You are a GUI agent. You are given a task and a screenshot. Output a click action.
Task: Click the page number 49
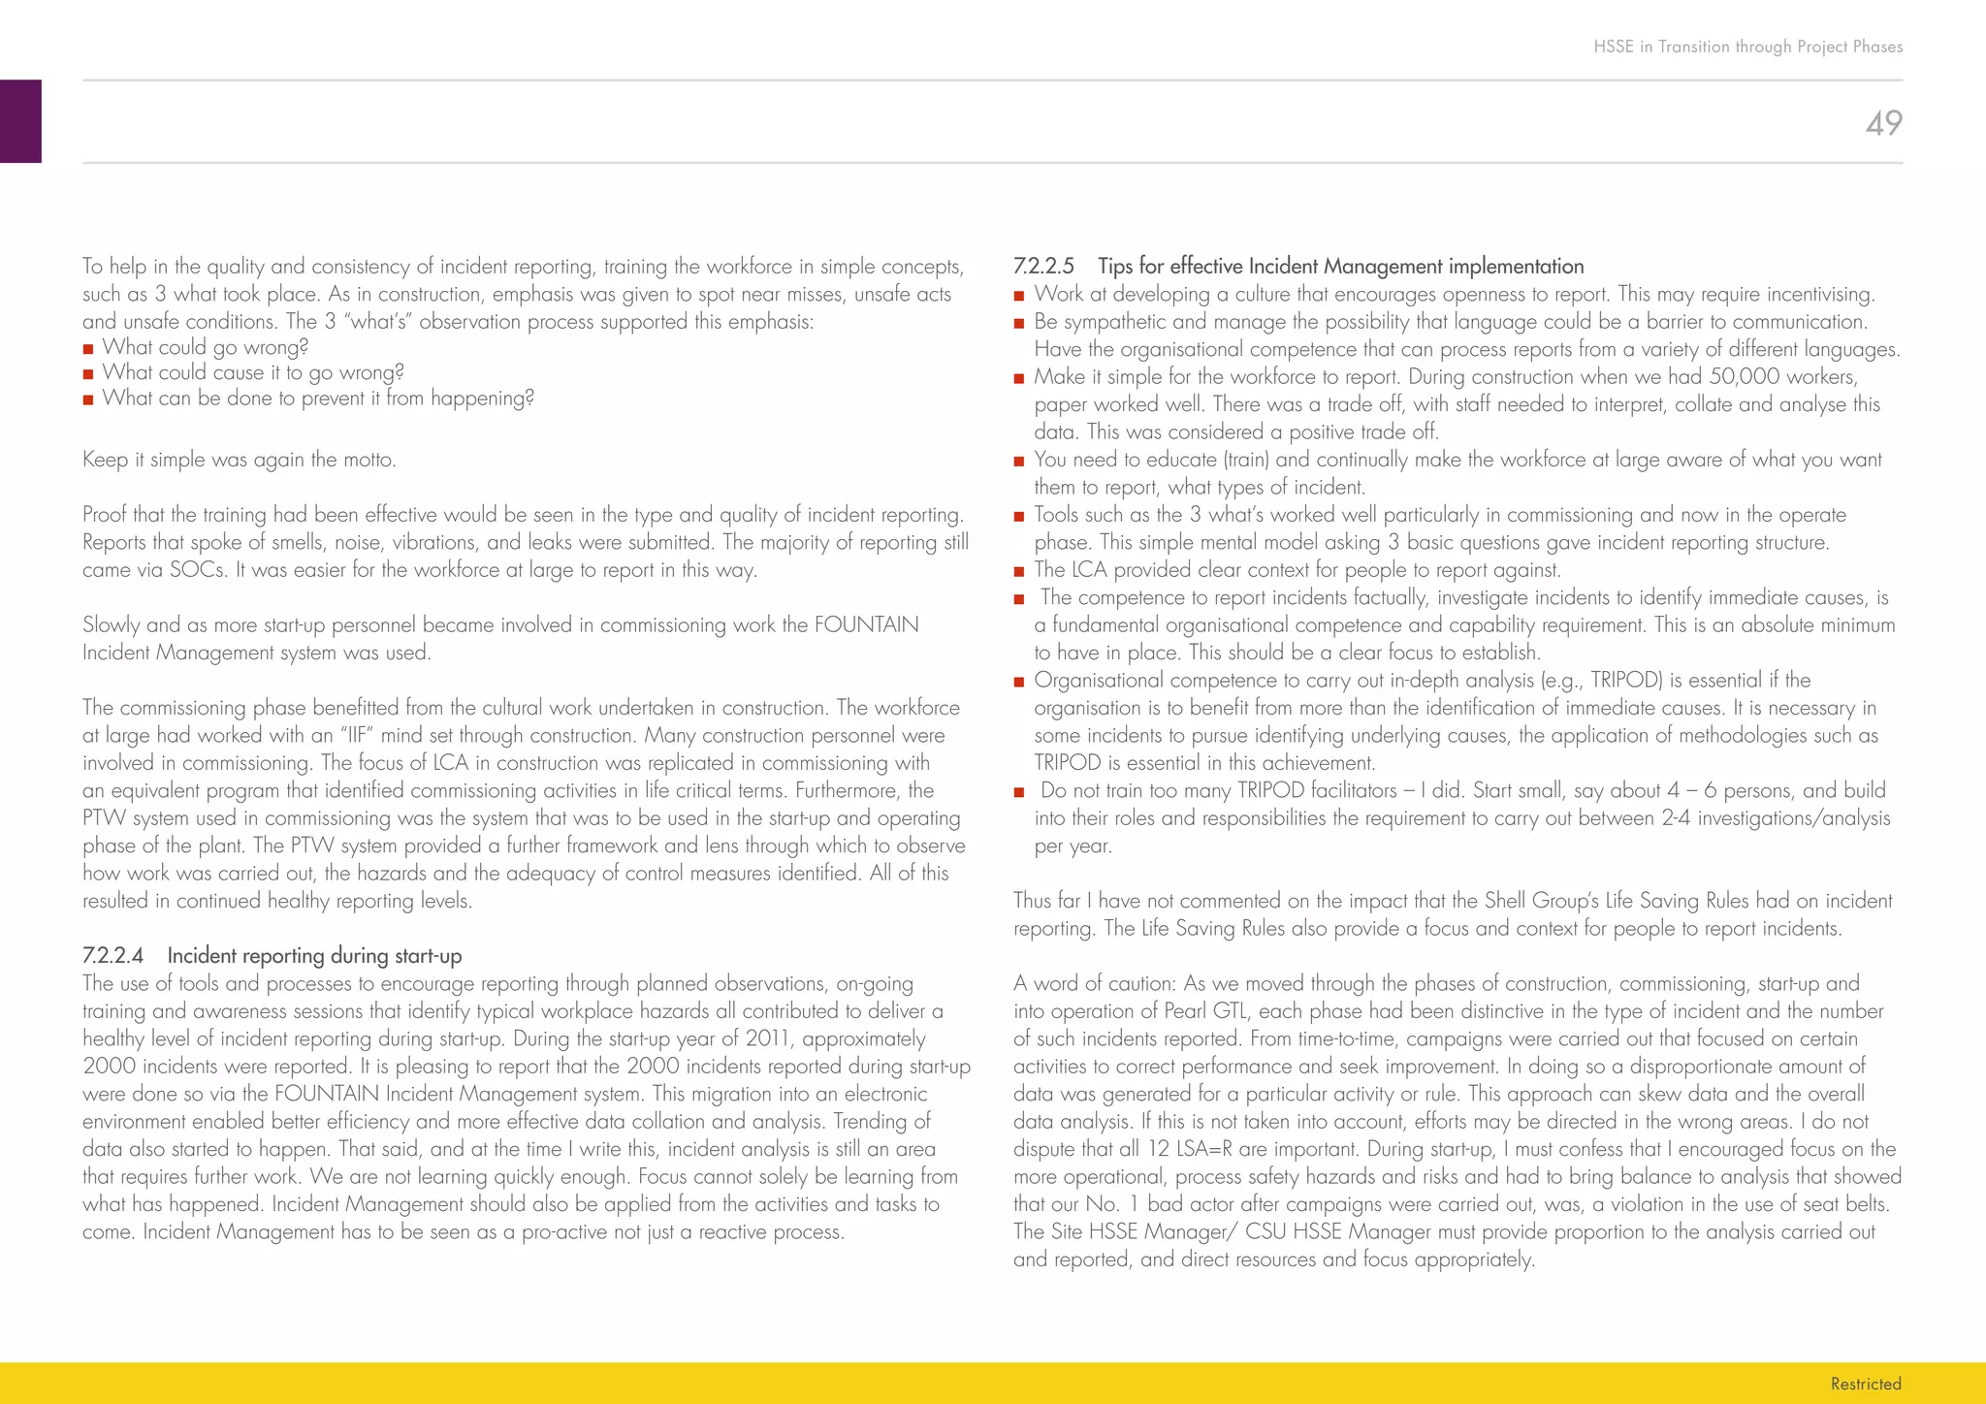pyautogui.click(x=1883, y=123)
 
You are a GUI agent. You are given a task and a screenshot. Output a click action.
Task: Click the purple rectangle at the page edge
pyautogui.click(x=20, y=121)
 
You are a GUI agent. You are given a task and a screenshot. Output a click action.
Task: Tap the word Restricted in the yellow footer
pyautogui.click(x=1865, y=1384)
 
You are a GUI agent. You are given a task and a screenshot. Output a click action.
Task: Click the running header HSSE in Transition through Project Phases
pyautogui.click(x=1747, y=47)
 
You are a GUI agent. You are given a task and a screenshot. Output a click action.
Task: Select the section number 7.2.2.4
pyautogui.click(x=112, y=956)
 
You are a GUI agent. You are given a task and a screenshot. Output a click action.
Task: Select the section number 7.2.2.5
pyautogui.click(x=1043, y=267)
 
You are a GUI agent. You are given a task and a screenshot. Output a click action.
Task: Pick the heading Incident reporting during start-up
pyautogui.click(x=314, y=956)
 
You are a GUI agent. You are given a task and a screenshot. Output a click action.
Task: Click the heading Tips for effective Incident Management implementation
pyautogui.click(x=1340, y=267)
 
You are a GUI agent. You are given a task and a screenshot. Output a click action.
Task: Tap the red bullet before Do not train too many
pyautogui.click(x=1019, y=792)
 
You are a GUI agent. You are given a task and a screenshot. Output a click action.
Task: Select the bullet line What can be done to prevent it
pyautogui.click(x=317, y=399)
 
